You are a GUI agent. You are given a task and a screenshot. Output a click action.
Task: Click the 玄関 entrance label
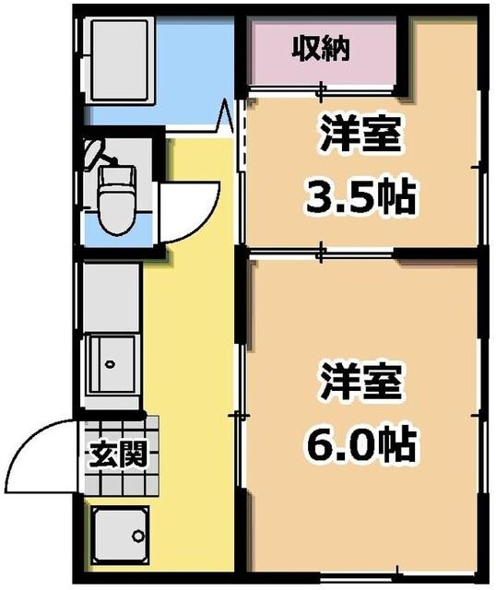click(x=118, y=454)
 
